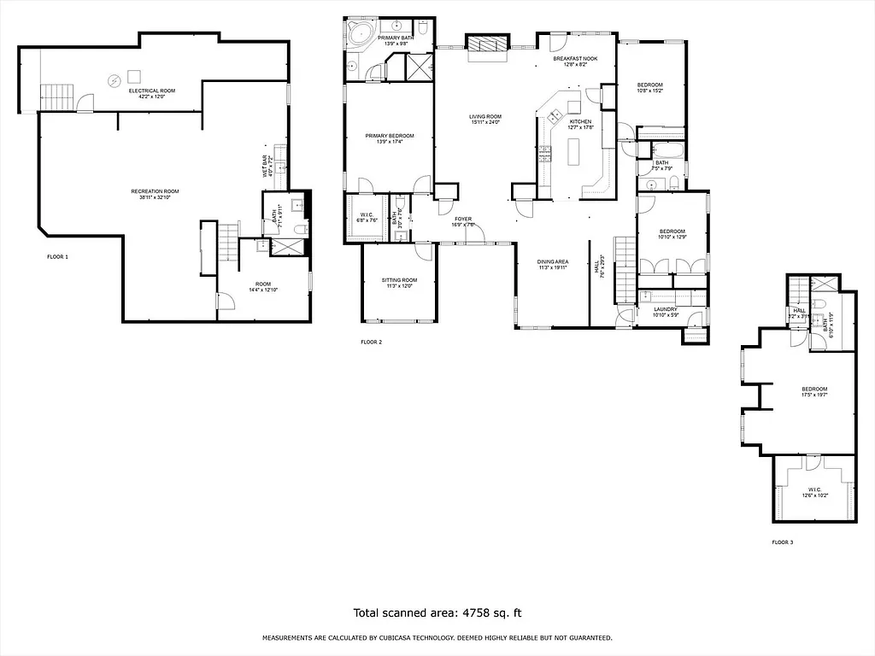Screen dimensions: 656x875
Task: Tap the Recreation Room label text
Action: tap(155, 190)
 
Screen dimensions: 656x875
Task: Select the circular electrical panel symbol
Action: tap(115, 80)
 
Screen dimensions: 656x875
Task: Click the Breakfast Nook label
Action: tap(574, 58)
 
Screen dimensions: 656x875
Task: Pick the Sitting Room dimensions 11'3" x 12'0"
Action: tap(398, 286)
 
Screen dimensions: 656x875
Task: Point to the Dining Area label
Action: tap(553, 261)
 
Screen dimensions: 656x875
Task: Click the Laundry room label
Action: tap(665, 309)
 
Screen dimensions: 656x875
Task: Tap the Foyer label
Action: tap(462, 219)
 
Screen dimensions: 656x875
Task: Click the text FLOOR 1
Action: tap(57, 256)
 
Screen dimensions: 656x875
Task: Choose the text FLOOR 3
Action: tap(782, 542)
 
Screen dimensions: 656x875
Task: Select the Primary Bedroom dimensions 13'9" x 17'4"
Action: tap(389, 142)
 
